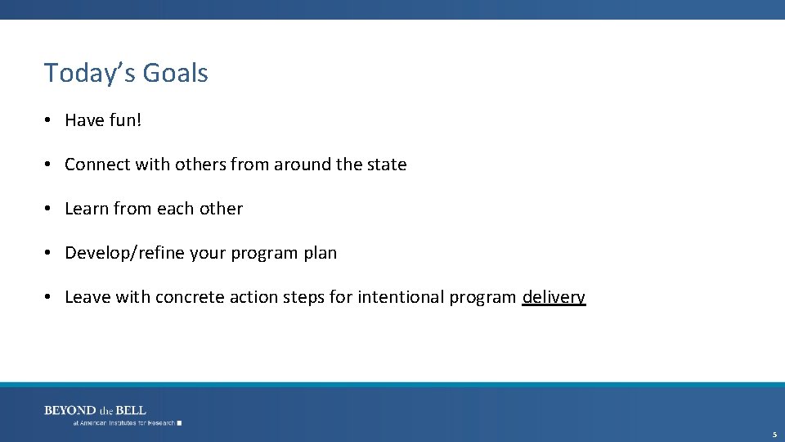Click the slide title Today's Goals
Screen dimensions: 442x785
click(126, 73)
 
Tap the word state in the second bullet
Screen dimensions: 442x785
click(387, 165)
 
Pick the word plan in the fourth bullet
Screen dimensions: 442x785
click(320, 253)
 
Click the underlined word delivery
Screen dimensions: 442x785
click(554, 297)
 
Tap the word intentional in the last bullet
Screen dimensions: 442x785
click(400, 297)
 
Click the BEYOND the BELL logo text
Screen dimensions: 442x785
click(95, 410)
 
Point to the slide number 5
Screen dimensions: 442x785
click(774, 435)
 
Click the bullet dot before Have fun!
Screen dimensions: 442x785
click(49, 120)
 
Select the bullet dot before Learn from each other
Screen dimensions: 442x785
click(49, 209)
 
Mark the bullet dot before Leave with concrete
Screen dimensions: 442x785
click(49, 297)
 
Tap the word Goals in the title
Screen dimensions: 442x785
click(175, 73)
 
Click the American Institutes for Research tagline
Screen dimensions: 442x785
click(125, 423)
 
